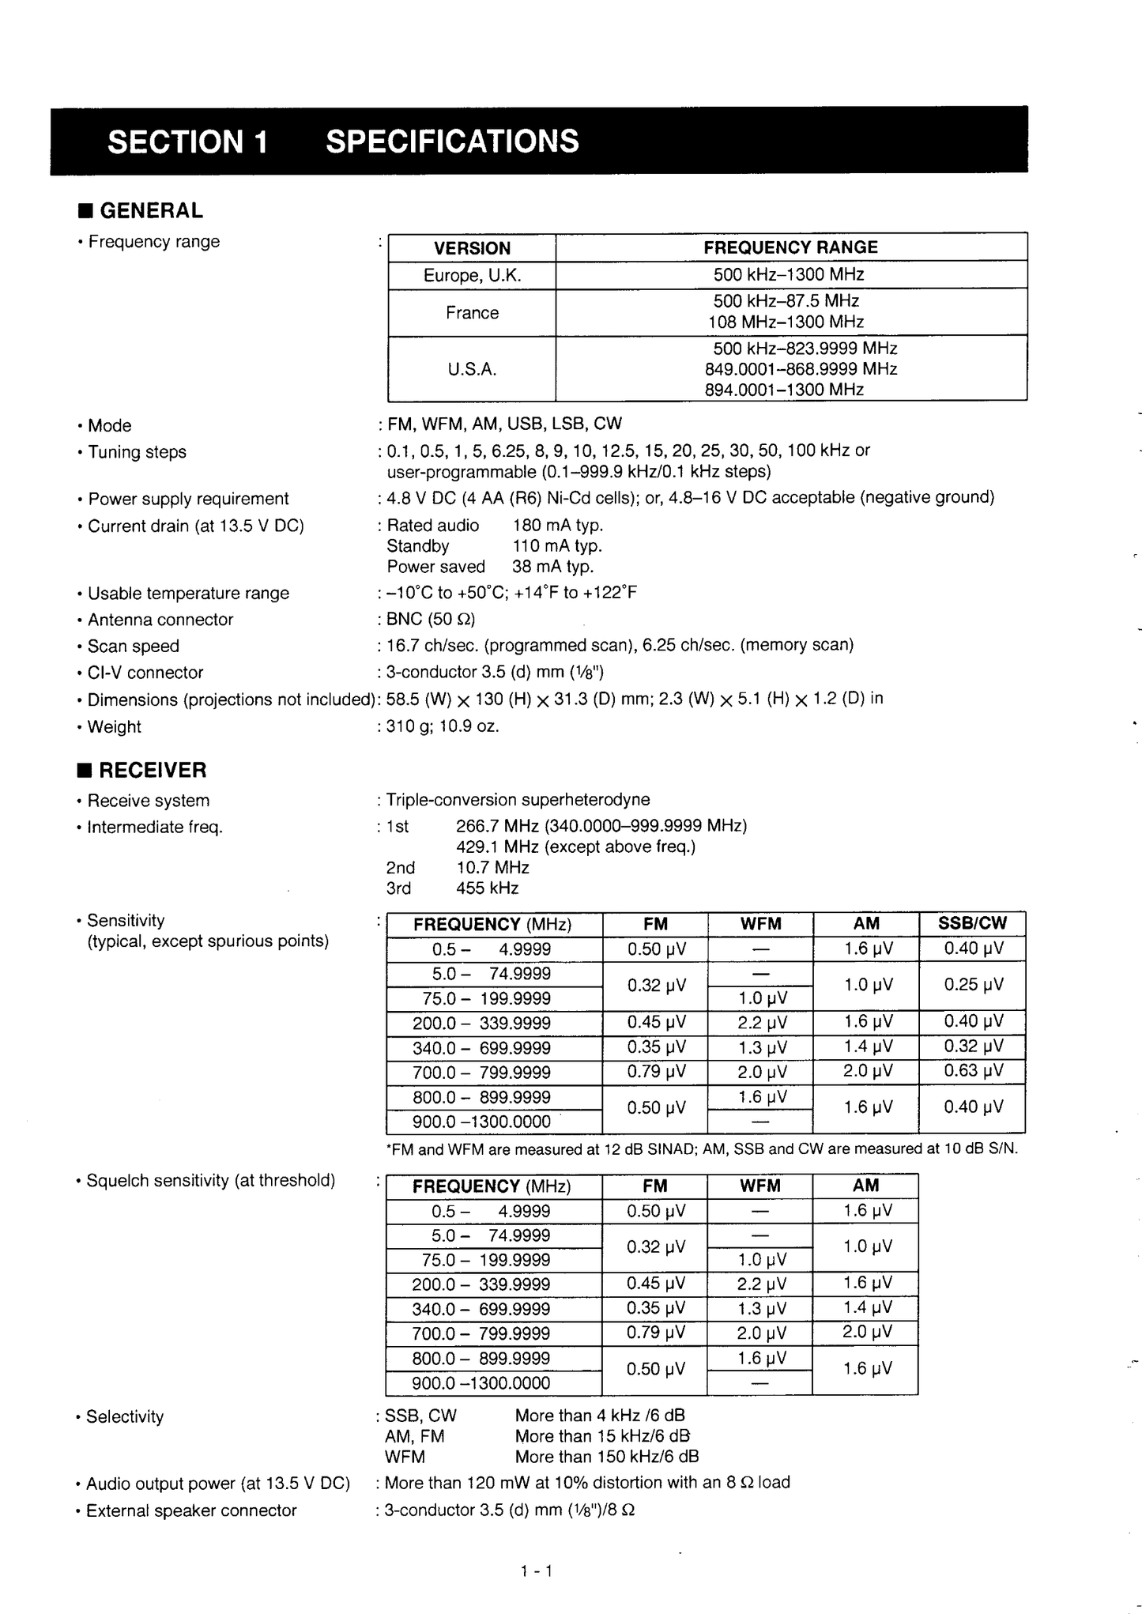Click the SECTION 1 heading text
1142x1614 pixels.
pyautogui.click(x=188, y=142)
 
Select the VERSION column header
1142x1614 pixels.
pyautogui.click(x=472, y=248)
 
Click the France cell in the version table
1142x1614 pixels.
pyautogui.click(x=472, y=313)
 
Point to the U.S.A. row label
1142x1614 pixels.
pyautogui.click(x=472, y=369)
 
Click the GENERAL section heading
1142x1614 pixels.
pyautogui.click(x=150, y=211)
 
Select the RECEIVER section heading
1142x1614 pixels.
pyautogui.click(x=152, y=770)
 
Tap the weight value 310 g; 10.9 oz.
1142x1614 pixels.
pyautogui.click(x=443, y=726)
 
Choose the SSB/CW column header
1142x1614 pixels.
pyautogui.click(x=972, y=923)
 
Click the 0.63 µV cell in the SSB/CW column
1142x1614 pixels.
pyautogui.click(x=973, y=1071)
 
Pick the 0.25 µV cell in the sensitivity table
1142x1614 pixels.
pyautogui.click(x=973, y=985)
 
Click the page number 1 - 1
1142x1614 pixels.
pyautogui.click(x=537, y=1571)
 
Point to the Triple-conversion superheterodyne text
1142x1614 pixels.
pyautogui.click(x=518, y=800)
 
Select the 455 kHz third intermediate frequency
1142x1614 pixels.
pyautogui.click(x=487, y=888)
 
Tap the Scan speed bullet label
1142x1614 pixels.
pyautogui.click(x=133, y=647)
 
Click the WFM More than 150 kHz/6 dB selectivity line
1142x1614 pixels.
pyautogui.click(x=541, y=1457)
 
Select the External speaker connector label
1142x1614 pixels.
pyautogui.click(x=191, y=1510)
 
